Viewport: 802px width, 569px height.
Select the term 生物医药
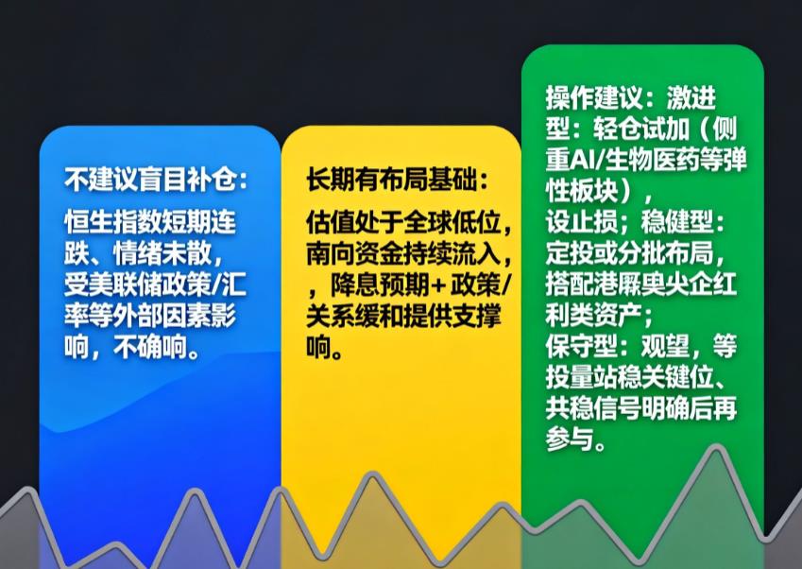[657, 158]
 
